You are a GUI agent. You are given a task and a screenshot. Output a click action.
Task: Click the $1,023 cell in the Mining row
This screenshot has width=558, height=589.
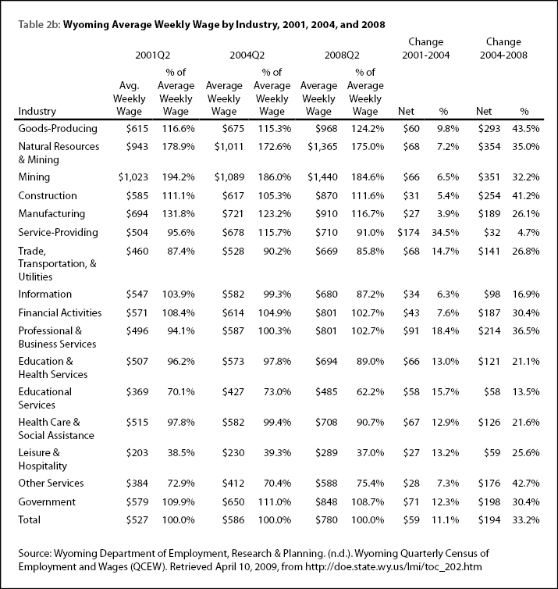(133, 177)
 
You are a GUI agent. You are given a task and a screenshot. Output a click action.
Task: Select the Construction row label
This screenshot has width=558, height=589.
(48, 196)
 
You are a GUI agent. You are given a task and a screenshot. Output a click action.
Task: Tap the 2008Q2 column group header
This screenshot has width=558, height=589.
(342, 55)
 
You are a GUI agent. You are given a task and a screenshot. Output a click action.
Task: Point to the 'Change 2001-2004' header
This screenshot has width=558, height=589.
(426, 48)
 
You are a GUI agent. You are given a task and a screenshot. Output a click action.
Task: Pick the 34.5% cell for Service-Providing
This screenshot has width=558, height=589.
(445, 233)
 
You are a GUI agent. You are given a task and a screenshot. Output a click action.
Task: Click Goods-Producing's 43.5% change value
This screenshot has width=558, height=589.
(526, 129)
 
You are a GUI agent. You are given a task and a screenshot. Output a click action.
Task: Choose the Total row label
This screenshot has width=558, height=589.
(30, 520)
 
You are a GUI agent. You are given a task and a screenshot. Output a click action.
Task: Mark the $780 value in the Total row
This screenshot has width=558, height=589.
(326, 520)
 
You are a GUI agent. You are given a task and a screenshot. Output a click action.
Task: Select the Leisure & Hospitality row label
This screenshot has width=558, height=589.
(42, 459)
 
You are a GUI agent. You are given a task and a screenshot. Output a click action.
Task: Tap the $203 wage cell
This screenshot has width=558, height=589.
(137, 452)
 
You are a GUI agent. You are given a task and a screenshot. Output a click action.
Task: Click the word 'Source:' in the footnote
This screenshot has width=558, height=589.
(34, 553)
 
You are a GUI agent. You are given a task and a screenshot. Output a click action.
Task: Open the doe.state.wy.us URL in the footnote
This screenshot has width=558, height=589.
(393, 566)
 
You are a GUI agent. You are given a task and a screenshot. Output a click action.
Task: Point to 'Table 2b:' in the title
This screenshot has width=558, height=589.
(39, 25)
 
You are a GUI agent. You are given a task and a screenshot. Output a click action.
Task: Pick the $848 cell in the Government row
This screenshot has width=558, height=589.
(326, 502)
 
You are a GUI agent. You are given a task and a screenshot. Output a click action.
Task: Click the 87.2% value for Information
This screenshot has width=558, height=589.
(371, 294)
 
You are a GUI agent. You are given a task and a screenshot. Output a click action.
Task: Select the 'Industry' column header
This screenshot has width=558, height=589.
(37, 111)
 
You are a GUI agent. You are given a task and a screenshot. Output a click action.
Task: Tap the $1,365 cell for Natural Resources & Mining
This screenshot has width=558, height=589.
(322, 147)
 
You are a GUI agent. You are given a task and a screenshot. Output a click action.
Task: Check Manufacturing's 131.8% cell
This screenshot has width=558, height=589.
(178, 214)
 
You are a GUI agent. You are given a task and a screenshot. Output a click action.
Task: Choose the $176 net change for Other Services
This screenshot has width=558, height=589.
(489, 483)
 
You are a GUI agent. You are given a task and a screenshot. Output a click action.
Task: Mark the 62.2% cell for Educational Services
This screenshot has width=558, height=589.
(371, 392)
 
